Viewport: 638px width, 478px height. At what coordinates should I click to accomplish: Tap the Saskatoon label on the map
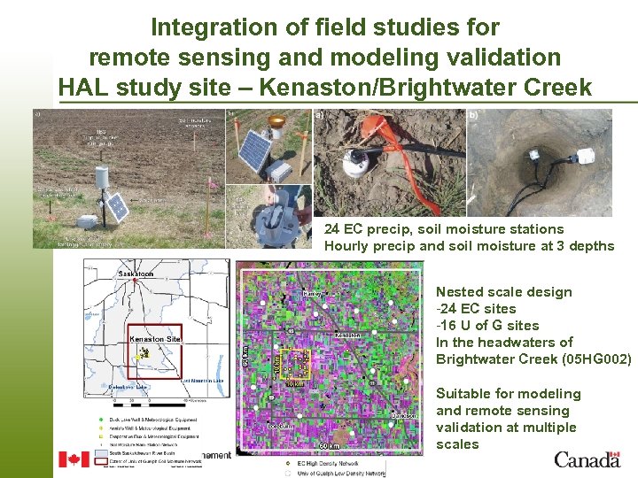point(136,274)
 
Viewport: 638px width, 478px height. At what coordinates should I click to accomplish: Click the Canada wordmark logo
point(587,459)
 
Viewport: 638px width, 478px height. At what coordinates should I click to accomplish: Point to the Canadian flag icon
point(74,459)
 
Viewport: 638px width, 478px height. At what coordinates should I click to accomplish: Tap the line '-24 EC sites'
point(476,308)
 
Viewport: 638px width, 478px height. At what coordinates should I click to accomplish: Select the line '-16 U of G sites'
point(487,325)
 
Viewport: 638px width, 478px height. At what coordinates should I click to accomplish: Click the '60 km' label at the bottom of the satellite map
point(328,445)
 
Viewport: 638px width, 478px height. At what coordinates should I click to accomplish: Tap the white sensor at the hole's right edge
point(586,157)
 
